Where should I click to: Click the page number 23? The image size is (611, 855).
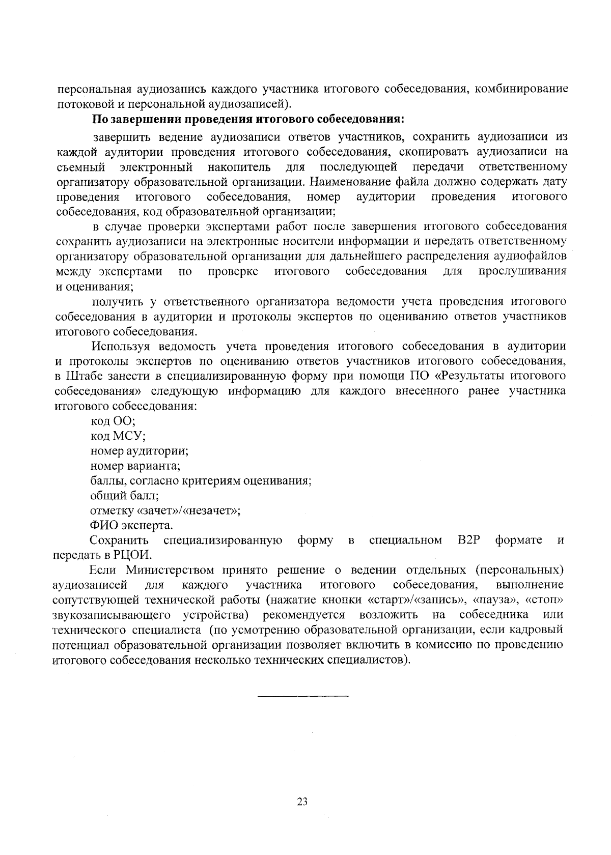302,802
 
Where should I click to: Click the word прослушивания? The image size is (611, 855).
522,271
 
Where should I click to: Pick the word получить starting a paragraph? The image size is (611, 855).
119,302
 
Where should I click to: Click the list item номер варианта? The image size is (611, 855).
135,466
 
